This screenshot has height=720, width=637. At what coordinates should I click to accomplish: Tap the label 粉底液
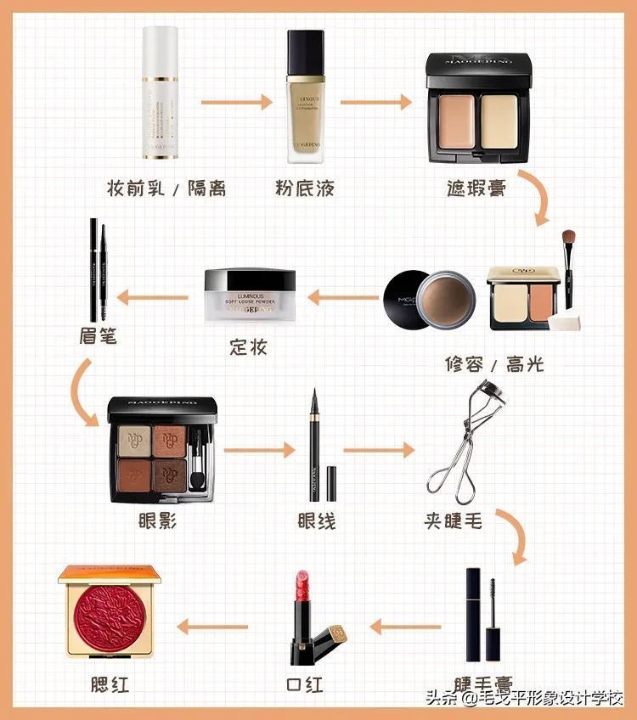click(x=305, y=188)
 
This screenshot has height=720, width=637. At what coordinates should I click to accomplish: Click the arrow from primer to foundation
click(x=236, y=102)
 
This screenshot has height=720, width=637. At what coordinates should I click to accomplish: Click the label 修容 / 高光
click(x=494, y=364)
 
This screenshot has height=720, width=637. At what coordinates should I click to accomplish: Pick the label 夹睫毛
click(x=454, y=520)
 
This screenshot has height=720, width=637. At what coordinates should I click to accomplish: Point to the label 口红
click(x=305, y=684)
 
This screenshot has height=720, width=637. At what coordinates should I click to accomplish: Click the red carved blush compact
click(x=109, y=610)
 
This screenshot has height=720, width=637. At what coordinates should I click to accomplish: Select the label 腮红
click(x=110, y=684)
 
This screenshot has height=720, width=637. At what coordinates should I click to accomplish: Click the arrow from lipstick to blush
click(x=211, y=627)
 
